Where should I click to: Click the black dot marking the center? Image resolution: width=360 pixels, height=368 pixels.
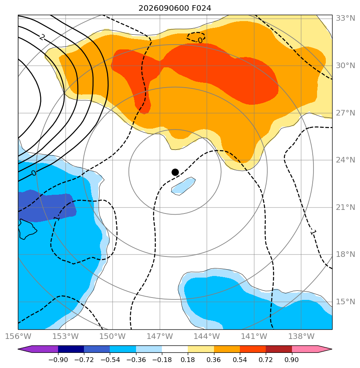tap(175, 172)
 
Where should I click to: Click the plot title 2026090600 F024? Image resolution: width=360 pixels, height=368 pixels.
tap(175, 8)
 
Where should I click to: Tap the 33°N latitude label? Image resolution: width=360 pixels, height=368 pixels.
tap(345, 18)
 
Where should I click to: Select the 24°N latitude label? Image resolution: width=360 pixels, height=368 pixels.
tap(345, 160)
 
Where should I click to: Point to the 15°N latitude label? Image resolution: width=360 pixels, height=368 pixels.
tap(345, 301)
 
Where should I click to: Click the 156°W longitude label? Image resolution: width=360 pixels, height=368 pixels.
tap(18, 336)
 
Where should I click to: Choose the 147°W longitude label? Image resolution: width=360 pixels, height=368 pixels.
tap(160, 336)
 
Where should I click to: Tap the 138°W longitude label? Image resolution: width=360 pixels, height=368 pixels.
tap(301, 336)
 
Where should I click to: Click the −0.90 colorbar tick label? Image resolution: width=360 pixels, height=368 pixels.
tap(58, 360)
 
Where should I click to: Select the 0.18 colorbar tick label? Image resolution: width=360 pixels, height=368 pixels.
tap(188, 360)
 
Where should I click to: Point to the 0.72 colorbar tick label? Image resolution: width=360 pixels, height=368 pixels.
tap(266, 360)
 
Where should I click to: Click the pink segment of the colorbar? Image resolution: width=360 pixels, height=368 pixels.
tap(305, 349)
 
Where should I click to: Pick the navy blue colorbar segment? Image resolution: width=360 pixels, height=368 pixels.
tap(71, 349)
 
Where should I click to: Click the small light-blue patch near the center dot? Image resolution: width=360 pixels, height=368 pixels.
tap(183, 186)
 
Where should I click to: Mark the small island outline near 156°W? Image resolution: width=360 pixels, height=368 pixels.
tap(27, 229)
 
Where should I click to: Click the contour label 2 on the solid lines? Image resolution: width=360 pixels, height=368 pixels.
tap(42, 37)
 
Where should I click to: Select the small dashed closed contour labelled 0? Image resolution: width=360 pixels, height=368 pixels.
tap(196, 37)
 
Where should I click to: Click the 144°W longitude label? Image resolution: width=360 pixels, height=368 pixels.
tap(207, 336)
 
